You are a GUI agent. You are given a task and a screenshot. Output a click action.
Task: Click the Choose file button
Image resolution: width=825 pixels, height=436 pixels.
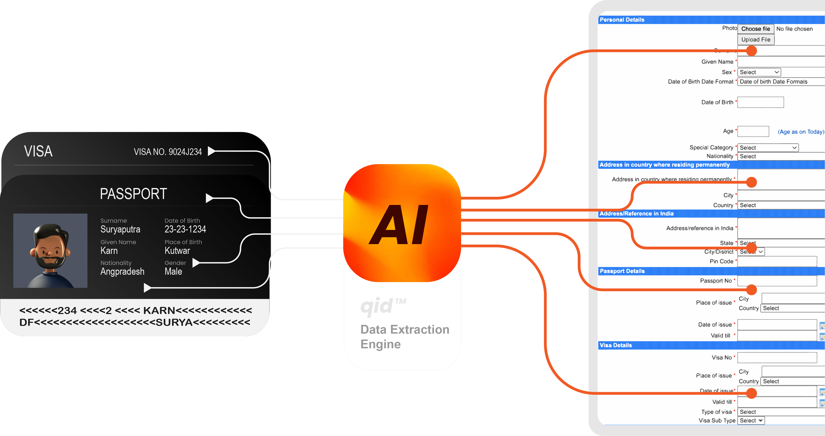pyautogui.click(x=756, y=29)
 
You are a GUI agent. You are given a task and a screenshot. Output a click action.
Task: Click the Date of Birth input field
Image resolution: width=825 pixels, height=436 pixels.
pyautogui.click(x=760, y=102)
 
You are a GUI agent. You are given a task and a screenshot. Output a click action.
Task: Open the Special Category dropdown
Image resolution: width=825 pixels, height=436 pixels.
pyautogui.click(x=768, y=148)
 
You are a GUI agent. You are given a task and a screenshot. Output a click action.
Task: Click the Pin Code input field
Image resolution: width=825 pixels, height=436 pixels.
pyautogui.click(x=777, y=261)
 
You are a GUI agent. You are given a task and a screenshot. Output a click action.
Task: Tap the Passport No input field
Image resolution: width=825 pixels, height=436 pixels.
pyautogui.click(x=777, y=281)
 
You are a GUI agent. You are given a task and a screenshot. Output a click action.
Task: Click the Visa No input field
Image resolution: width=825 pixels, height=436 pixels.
pyautogui.click(x=777, y=357)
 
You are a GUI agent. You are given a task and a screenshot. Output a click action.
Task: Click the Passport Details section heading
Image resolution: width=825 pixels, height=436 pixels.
pyautogui.click(x=622, y=271)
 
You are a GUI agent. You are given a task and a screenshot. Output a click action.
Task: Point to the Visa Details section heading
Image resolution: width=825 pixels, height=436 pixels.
pyautogui.click(x=615, y=345)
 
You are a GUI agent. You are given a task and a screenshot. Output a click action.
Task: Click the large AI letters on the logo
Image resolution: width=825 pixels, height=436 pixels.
pyautogui.click(x=399, y=225)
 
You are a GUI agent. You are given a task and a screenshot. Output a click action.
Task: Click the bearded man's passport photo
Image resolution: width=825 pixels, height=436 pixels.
pyautogui.click(x=50, y=250)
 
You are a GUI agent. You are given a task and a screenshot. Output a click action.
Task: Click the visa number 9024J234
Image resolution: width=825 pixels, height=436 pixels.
pyautogui.click(x=185, y=152)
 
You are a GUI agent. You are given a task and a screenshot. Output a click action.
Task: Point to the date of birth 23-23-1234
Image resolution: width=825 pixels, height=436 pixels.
pyautogui.click(x=185, y=229)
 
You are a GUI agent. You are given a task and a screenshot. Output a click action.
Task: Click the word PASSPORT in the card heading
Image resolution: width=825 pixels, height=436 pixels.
pyautogui.click(x=133, y=194)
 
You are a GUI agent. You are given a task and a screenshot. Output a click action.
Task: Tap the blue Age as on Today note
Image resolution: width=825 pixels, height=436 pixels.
pyautogui.click(x=801, y=132)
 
